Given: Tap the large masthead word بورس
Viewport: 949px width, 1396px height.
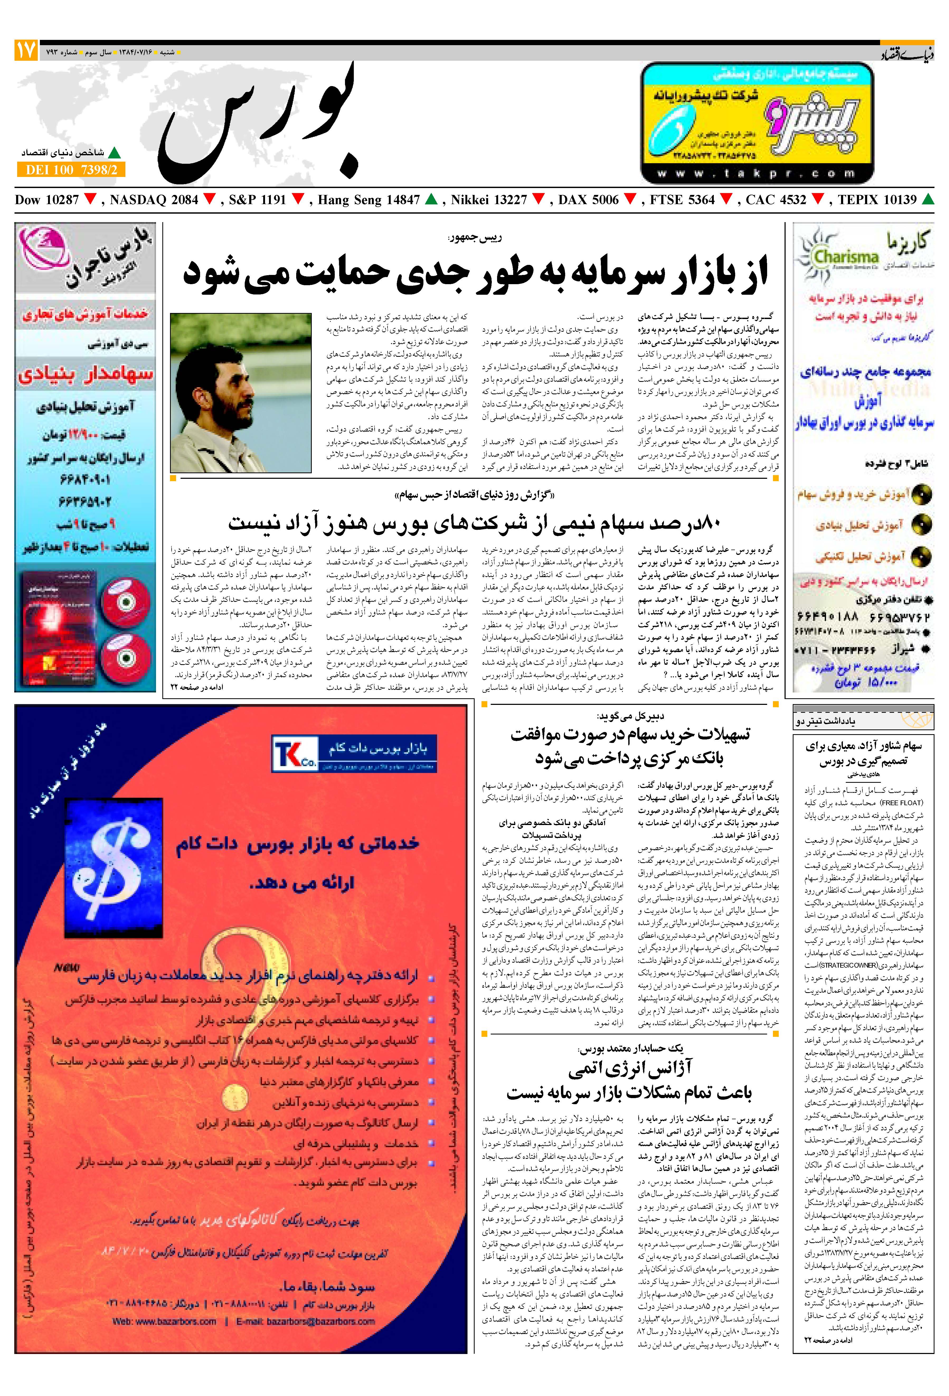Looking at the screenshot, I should tap(258, 126).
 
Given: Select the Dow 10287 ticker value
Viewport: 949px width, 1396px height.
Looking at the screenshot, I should tap(47, 200).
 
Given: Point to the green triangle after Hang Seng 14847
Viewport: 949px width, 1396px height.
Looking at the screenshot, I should tap(430, 199).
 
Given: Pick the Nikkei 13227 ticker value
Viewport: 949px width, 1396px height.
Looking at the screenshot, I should tap(489, 200).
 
